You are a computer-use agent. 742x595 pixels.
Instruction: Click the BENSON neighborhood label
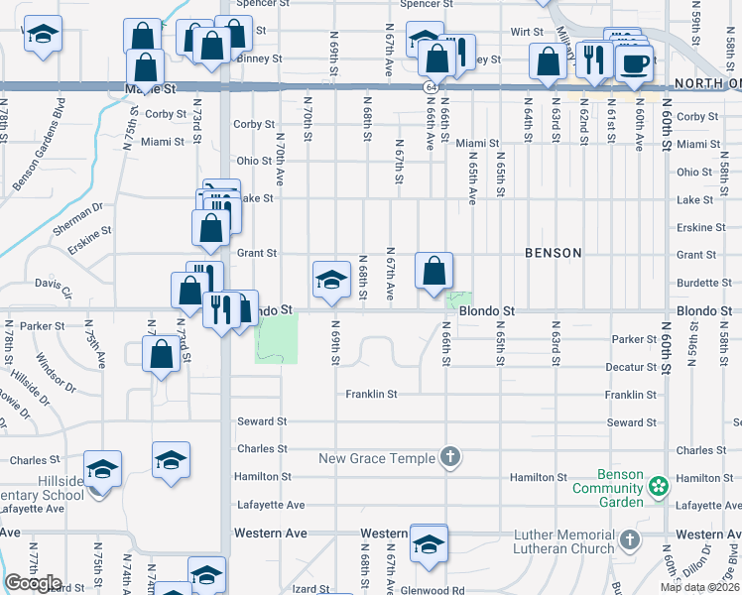coord(553,253)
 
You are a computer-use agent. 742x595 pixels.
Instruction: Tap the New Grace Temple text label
coord(376,458)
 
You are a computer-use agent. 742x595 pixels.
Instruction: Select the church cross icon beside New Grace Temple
coord(450,457)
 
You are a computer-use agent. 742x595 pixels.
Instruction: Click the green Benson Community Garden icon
coord(656,486)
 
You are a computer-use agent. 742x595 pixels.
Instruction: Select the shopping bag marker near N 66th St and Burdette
coord(433,271)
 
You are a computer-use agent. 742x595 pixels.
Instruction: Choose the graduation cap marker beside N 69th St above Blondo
coord(331,279)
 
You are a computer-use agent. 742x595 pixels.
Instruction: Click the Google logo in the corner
coord(33,583)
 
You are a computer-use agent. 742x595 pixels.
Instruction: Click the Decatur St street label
coord(634,367)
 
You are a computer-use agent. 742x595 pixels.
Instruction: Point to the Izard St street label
coord(310,589)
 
